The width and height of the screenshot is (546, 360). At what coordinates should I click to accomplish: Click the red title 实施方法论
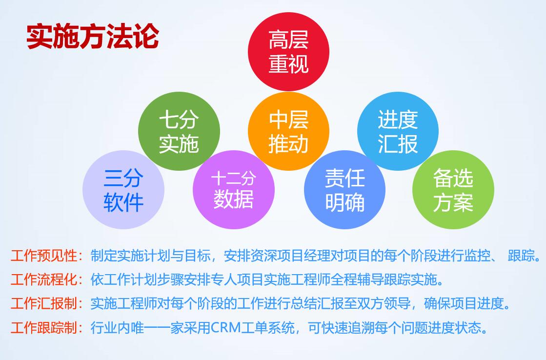[93, 36]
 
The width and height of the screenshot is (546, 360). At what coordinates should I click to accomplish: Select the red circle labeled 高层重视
[289, 52]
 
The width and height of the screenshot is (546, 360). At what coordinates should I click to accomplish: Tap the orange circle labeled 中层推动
[289, 131]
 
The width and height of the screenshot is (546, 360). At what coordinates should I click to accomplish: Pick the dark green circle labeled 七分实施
[179, 131]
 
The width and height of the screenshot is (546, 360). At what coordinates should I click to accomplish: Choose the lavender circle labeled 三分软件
[123, 190]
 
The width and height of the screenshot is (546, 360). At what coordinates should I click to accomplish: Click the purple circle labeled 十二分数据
[234, 190]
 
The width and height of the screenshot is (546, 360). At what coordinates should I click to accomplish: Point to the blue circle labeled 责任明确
[345, 190]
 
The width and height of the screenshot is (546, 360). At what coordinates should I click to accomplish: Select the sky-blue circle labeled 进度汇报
[398, 131]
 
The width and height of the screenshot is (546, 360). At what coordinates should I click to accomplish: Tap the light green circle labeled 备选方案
[453, 190]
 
